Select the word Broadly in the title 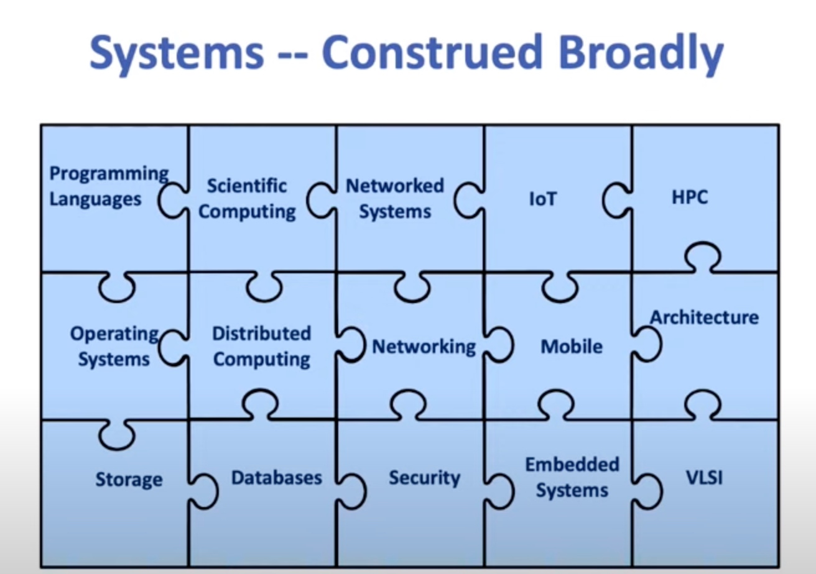click(x=641, y=54)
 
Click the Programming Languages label click(x=109, y=186)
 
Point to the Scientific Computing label click(x=247, y=199)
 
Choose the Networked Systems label click(x=395, y=199)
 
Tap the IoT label click(x=543, y=199)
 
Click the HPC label click(x=690, y=198)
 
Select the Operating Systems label click(x=114, y=347)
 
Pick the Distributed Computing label click(x=262, y=347)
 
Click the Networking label click(x=424, y=347)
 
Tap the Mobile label click(x=572, y=347)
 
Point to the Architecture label click(x=705, y=317)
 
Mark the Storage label click(x=129, y=480)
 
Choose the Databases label click(x=277, y=478)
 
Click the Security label click(x=425, y=478)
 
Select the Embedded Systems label click(x=572, y=478)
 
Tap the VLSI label click(x=704, y=478)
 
